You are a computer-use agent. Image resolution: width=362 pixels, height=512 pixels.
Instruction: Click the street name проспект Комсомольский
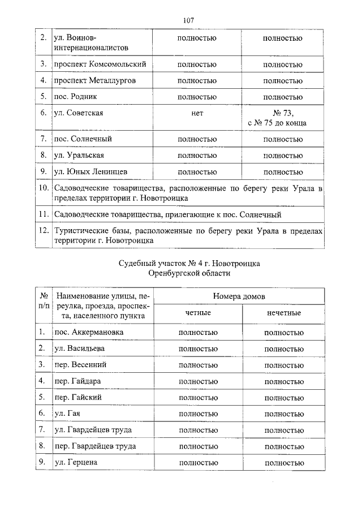[100, 64]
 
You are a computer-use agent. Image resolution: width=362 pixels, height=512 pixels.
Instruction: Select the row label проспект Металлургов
[94, 80]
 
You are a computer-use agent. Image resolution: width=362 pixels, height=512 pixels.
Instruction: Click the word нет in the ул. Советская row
[197, 113]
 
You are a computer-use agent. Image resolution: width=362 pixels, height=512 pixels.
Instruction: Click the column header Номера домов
[239, 296]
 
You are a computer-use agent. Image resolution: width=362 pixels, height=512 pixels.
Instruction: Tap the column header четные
[197, 313]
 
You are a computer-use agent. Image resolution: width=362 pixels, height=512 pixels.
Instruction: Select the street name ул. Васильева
[79, 348]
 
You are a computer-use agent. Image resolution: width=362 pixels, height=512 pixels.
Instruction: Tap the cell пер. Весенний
[80, 364]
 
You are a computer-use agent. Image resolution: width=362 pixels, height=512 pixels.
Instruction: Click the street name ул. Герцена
[76, 462]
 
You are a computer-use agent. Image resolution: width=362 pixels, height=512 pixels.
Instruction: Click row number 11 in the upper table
[42, 214]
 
